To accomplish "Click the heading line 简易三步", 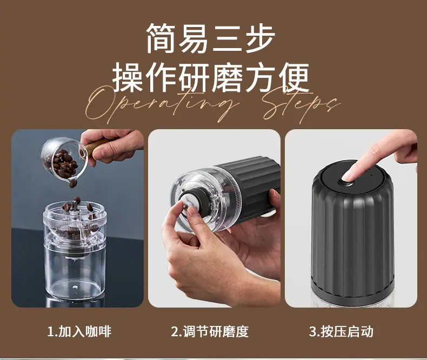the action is coord(211,38).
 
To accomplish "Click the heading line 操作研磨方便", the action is coord(211,77).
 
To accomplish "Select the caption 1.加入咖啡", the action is coord(79,331).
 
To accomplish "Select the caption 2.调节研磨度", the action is coord(210,331).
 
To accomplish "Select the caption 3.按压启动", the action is coord(341,331).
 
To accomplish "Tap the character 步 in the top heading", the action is coord(260,38).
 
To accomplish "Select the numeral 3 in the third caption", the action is coord(312,332).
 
